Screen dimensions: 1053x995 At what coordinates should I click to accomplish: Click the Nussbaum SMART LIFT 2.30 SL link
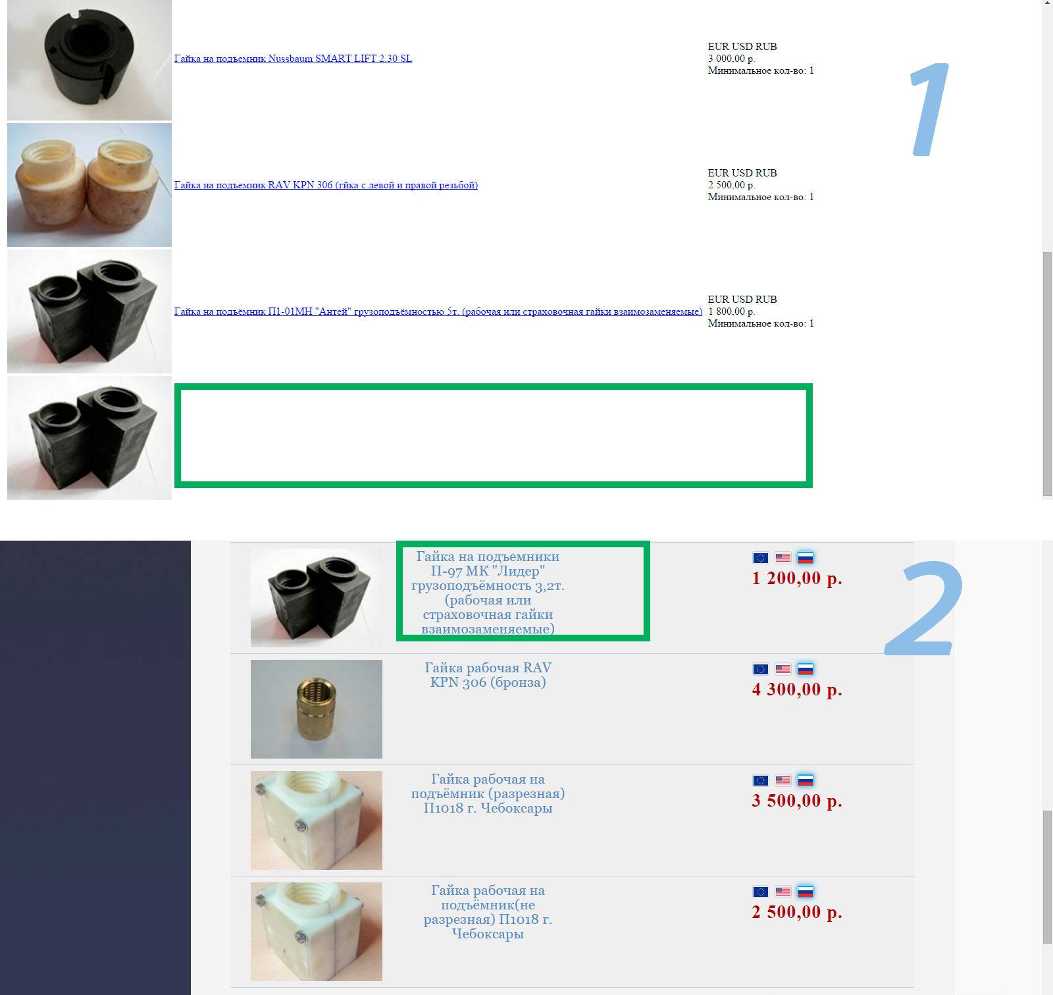293,59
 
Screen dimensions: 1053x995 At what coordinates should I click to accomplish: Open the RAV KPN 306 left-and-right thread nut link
326,185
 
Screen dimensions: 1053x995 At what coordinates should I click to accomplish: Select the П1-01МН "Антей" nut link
438,311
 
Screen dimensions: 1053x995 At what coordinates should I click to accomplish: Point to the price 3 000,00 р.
731,59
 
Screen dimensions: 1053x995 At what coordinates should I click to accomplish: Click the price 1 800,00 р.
731,311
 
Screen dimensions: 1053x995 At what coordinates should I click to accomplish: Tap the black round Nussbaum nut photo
90,60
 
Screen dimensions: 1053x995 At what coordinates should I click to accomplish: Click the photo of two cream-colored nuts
90,185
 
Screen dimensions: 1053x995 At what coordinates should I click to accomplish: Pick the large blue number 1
929,109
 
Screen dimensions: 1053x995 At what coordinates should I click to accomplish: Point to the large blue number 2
924,608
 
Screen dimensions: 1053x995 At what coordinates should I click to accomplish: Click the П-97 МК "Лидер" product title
488,593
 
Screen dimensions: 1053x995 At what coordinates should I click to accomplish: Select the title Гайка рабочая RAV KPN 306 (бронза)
488,675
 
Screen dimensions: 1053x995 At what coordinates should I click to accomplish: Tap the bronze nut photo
317,709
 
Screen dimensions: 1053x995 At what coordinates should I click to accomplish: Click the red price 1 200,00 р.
797,578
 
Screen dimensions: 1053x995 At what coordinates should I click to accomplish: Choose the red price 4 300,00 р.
797,689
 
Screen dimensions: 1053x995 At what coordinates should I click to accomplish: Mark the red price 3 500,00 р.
797,801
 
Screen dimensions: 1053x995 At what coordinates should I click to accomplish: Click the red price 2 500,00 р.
797,912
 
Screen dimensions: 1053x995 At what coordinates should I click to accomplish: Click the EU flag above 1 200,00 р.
761,558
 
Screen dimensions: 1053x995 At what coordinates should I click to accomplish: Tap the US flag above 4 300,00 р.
783,669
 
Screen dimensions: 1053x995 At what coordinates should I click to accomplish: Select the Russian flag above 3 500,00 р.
806,780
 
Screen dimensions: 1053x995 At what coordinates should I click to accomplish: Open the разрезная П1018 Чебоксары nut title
488,793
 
